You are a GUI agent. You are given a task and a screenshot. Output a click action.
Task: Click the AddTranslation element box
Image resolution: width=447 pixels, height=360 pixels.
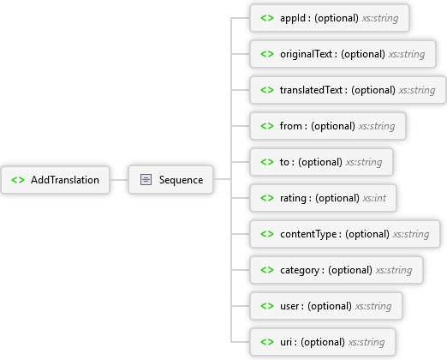(56, 180)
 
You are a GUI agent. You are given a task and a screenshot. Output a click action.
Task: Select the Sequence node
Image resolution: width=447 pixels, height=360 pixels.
(170, 180)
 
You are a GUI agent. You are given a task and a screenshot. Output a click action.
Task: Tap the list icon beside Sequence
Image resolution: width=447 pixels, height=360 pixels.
(146, 180)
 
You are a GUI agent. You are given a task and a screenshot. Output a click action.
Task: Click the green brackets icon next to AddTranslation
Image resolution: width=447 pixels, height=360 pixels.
(18, 180)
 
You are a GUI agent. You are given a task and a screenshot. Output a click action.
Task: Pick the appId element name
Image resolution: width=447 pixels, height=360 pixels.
(293, 18)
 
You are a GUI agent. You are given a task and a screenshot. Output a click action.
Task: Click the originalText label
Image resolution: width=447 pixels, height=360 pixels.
(306, 54)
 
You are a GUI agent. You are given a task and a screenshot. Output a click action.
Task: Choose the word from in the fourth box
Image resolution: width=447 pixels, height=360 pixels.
(291, 126)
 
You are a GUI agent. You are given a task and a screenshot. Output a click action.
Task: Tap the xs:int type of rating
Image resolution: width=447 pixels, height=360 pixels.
(374, 198)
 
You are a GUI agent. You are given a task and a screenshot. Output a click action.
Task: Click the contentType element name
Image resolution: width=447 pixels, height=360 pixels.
(308, 234)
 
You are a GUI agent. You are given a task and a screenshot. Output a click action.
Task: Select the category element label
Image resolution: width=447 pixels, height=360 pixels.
(300, 270)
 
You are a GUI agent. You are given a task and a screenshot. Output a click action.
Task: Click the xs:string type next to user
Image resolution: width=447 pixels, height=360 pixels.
(373, 306)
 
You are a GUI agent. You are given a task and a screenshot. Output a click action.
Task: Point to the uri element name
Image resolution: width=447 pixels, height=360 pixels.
(286, 342)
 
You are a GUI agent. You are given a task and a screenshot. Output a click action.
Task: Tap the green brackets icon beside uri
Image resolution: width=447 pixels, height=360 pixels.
(267, 342)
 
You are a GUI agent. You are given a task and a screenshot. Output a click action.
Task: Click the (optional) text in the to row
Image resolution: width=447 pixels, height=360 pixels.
(320, 162)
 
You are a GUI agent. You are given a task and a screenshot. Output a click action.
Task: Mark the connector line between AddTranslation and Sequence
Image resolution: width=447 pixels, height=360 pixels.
(119, 180)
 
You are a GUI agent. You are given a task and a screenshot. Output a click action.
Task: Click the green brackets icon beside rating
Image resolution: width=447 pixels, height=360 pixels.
(267, 198)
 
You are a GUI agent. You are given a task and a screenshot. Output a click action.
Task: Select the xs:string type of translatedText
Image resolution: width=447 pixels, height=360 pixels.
(417, 90)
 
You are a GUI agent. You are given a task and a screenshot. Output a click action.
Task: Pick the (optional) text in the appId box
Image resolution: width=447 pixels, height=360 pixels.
(337, 18)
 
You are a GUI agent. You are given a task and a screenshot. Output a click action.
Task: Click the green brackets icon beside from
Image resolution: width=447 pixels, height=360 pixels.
(267, 126)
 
